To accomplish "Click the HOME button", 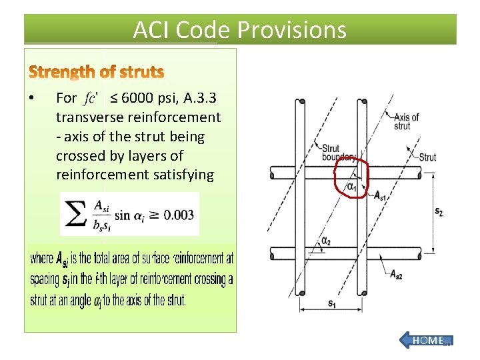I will pyautogui.click(x=427, y=340).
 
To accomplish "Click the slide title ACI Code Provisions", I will pyautogui.click(x=239, y=30).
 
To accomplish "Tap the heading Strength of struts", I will pyautogui.click(x=97, y=71).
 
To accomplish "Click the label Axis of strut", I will pyautogui.click(x=407, y=121).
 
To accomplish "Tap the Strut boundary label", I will pyautogui.click(x=340, y=153).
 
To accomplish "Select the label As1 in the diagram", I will pyautogui.click(x=380, y=195).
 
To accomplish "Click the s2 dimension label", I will pyautogui.click(x=439, y=211).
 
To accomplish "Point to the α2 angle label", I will pyautogui.click(x=326, y=241).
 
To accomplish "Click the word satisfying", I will pyautogui.click(x=183, y=175).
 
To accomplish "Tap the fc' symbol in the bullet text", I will pyautogui.click(x=91, y=99).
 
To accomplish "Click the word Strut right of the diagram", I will pyautogui.click(x=427, y=157).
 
